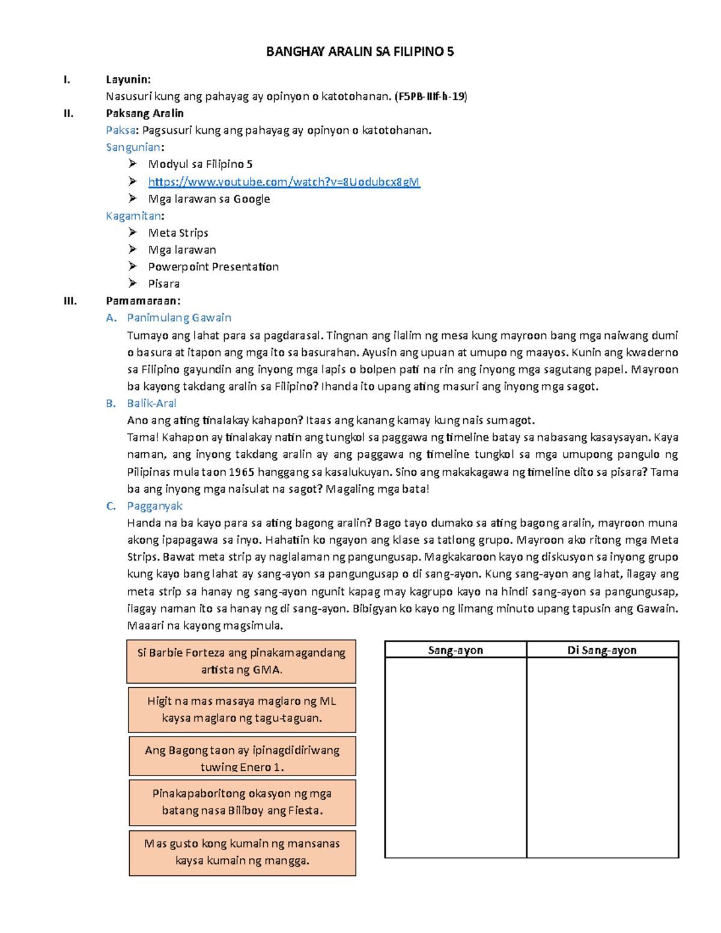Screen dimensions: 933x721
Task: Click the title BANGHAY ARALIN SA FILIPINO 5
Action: click(x=360, y=52)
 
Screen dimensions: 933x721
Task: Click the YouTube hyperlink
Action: click(x=284, y=181)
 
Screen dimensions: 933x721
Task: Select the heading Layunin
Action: click(x=128, y=79)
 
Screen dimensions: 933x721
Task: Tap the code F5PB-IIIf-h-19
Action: click(x=430, y=96)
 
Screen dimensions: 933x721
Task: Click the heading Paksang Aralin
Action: click(x=145, y=113)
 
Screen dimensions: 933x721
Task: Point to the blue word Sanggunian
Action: click(x=133, y=147)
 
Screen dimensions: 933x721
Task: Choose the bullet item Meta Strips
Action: click(x=178, y=232)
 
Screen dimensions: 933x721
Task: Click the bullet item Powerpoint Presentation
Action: click(x=213, y=267)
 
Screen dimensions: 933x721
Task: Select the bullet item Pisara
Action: click(x=163, y=284)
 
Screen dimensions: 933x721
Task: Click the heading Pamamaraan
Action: click(x=143, y=300)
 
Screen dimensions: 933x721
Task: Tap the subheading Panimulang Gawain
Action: click(x=178, y=318)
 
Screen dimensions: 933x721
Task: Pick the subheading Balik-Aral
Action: click(x=151, y=403)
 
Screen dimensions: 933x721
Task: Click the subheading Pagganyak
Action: click(x=154, y=506)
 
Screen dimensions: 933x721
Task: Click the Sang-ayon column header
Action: click(x=455, y=650)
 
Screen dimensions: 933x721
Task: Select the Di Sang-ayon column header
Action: click(x=602, y=650)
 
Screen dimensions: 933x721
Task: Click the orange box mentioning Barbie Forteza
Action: click(x=242, y=661)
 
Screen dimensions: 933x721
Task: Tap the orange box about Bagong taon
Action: click(x=242, y=758)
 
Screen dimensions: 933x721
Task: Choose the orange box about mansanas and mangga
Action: click(x=242, y=852)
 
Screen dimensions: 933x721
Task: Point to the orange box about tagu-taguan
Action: click(x=242, y=710)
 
